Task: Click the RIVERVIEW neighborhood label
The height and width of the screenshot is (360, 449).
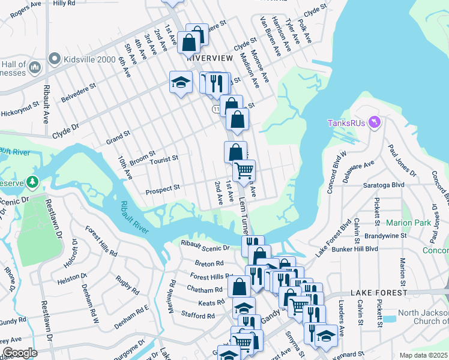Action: pyautogui.click(x=209, y=58)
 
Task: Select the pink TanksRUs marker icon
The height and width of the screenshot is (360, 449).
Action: pyautogui.click(x=376, y=122)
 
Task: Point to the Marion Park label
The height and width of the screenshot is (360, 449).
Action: pyautogui.click(x=409, y=223)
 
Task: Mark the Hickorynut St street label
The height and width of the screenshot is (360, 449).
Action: pyautogui.click(x=19, y=112)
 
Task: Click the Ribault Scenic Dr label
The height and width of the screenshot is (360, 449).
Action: pyautogui.click(x=205, y=247)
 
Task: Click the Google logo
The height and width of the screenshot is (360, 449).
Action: pyautogui.click(x=20, y=352)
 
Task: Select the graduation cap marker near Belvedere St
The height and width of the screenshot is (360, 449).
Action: pyautogui.click(x=180, y=83)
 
